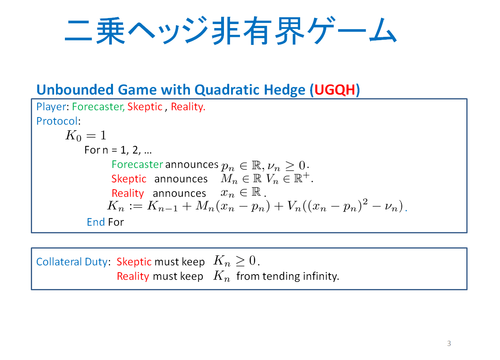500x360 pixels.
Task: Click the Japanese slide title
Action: click(230, 30)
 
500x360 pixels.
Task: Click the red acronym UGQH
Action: click(335, 90)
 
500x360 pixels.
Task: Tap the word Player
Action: click(51, 107)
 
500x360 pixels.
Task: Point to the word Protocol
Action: click(57, 121)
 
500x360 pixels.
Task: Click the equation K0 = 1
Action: click(86, 136)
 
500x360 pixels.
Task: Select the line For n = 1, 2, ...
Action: click(118, 150)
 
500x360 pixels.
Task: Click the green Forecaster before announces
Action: click(137, 165)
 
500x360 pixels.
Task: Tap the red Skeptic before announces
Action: click(129, 179)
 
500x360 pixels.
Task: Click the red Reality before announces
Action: click(128, 193)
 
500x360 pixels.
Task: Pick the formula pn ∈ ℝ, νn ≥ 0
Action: click(265, 166)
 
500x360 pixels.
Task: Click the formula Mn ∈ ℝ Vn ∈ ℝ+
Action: click(267, 178)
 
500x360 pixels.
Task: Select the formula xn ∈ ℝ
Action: click(243, 192)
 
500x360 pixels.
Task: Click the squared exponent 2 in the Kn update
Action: click(365, 202)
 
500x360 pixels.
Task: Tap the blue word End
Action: click(96, 222)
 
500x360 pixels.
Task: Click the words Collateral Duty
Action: click(72, 262)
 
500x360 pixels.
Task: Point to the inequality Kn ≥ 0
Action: click(236, 261)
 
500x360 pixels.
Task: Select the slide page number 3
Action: click(449, 343)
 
